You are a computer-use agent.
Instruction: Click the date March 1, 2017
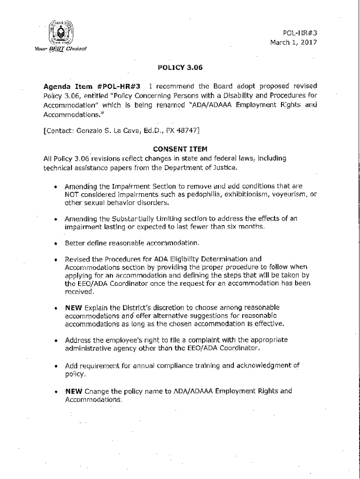pos(294,42)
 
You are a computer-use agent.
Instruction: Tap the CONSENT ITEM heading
pos(180,150)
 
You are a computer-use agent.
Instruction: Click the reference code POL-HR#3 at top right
pos(300,33)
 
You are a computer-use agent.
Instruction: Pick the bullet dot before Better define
pos(56,244)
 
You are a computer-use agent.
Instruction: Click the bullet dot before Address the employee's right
pos(56,340)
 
